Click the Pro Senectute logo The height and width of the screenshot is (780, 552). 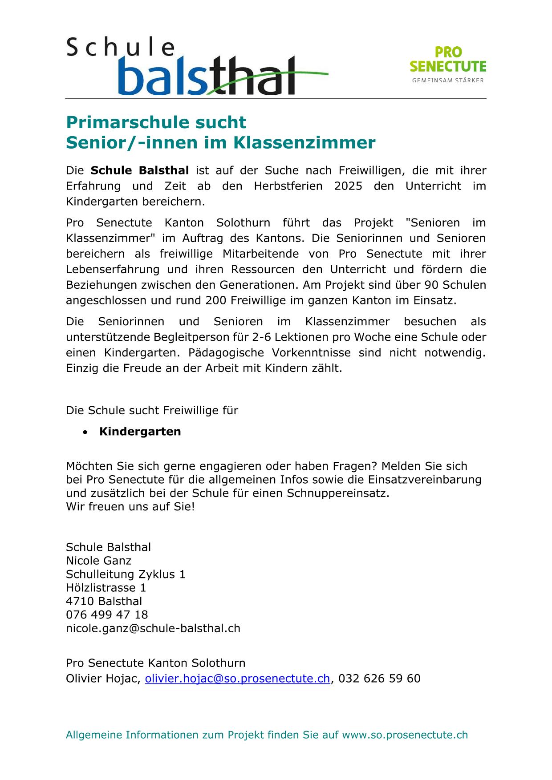(x=447, y=65)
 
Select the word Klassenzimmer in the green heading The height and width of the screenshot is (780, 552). (x=304, y=143)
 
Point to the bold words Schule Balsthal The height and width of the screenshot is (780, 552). (x=140, y=170)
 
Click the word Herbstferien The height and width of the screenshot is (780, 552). (x=288, y=186)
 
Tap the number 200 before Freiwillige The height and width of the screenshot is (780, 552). (x=216, y=300)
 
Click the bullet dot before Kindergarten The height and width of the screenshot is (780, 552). (x=85, y=432)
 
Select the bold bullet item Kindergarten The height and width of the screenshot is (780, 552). (x=140, y=432)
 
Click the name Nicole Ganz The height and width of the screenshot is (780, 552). (x=99, y=561)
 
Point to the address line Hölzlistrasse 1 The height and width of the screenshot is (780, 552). (x=106, y=588)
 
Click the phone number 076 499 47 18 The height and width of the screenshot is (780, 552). (x=107, y=615)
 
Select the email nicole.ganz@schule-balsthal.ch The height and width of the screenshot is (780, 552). (x=153, y=628)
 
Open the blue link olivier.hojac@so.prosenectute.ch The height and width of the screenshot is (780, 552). (x=237, y=679)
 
